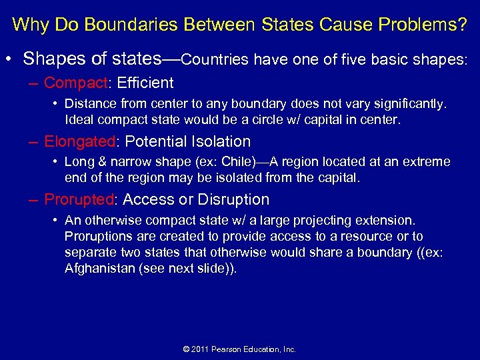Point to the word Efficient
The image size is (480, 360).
pos(145,83)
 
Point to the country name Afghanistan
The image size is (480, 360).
pos(98,268)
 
